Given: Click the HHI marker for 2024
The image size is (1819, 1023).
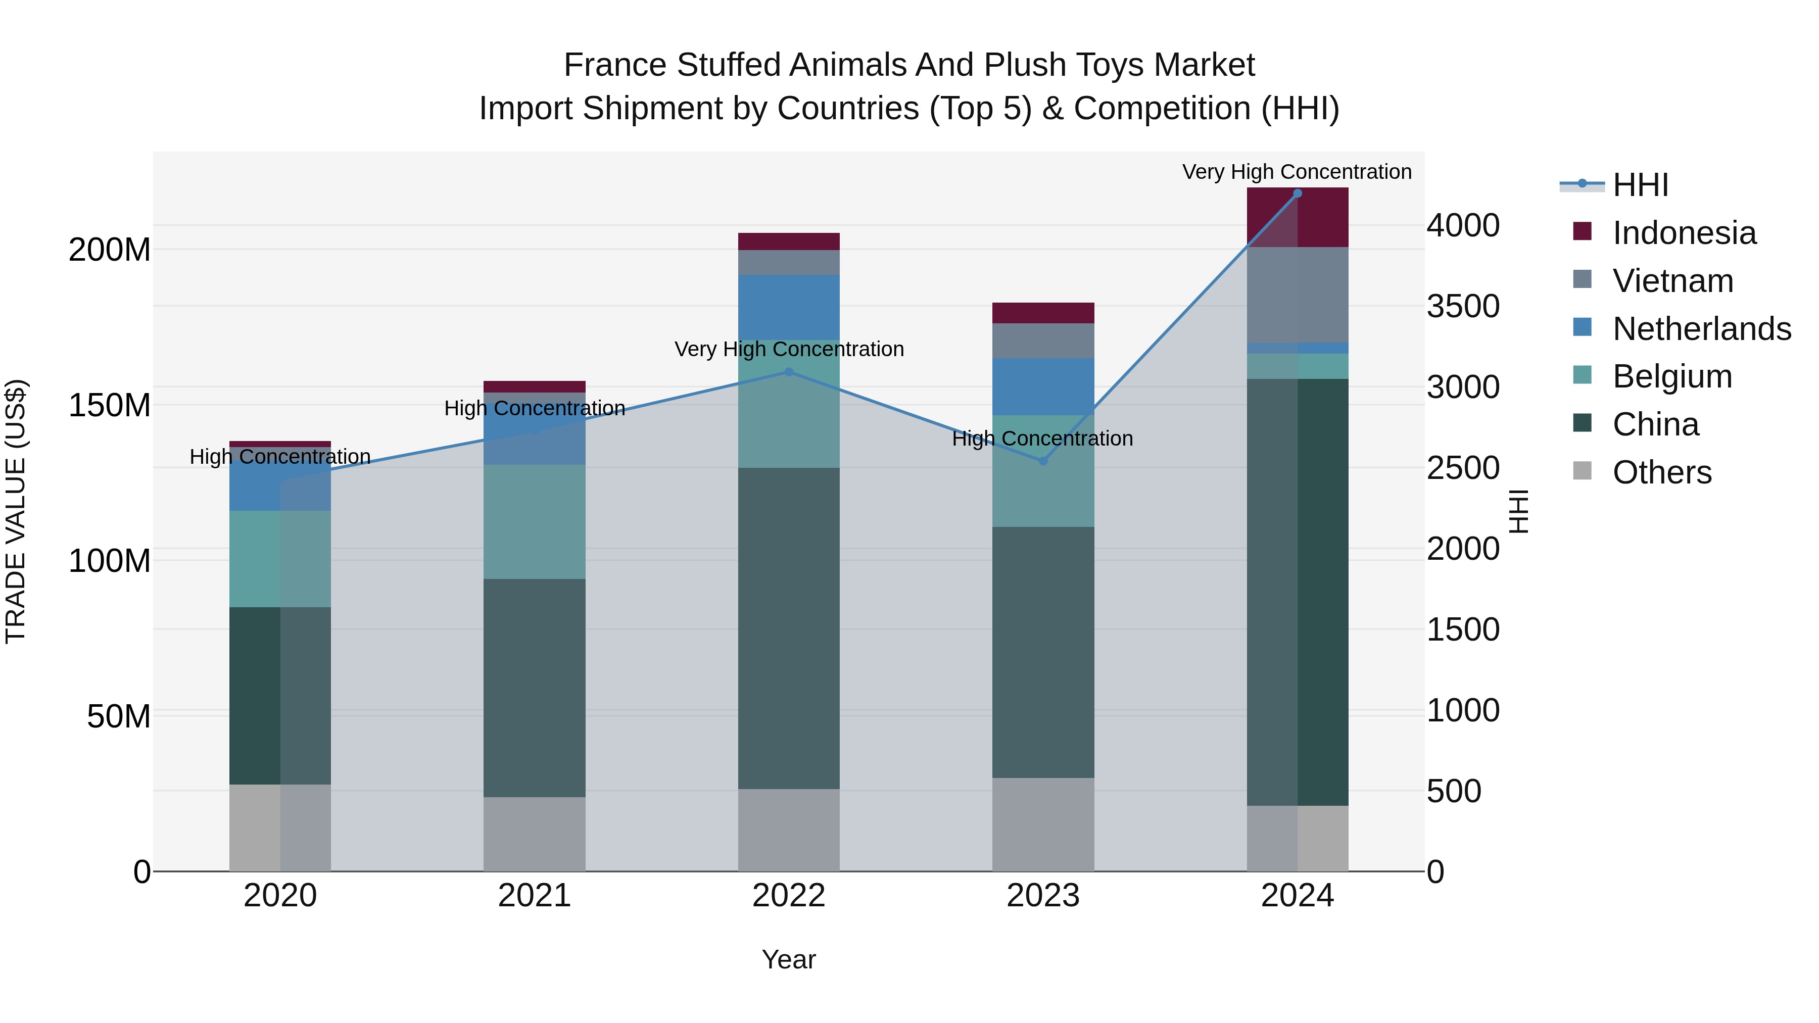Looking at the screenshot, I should (x=1297, y=193).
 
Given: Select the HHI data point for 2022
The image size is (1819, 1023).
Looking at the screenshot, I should (x=789, y=372).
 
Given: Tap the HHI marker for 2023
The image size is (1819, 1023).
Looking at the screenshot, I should (x=1043, y=461).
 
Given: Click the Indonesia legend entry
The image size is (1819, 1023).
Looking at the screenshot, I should (x=1684, y=233).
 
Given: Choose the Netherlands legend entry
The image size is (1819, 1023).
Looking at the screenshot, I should (x=1701, y=329).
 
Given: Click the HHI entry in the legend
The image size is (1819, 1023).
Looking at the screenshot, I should (x=1640, y=185).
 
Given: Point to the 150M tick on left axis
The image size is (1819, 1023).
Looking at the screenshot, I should (x=110, y=405).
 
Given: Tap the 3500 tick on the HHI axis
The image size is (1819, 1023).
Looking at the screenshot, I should (x=1463, y=307).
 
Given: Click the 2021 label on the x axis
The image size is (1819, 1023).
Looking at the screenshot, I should (x=535, y=896).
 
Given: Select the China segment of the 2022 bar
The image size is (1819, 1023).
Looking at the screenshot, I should (x=789, y=628).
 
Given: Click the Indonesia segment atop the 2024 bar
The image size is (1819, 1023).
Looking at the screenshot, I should (x=1297, y=217).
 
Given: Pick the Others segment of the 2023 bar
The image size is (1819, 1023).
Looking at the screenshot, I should (x=1043, y=824).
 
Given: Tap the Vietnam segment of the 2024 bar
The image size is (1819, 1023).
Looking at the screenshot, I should (x=1297, y=295).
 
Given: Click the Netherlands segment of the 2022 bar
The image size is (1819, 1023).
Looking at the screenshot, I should (x=789, y=307).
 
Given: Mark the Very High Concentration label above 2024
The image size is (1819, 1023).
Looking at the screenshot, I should (x=1297, y=172).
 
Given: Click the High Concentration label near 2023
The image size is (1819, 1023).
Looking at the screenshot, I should (x=1042, y=439).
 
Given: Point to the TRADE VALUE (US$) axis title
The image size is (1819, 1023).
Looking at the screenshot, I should (x=16, y=511).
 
